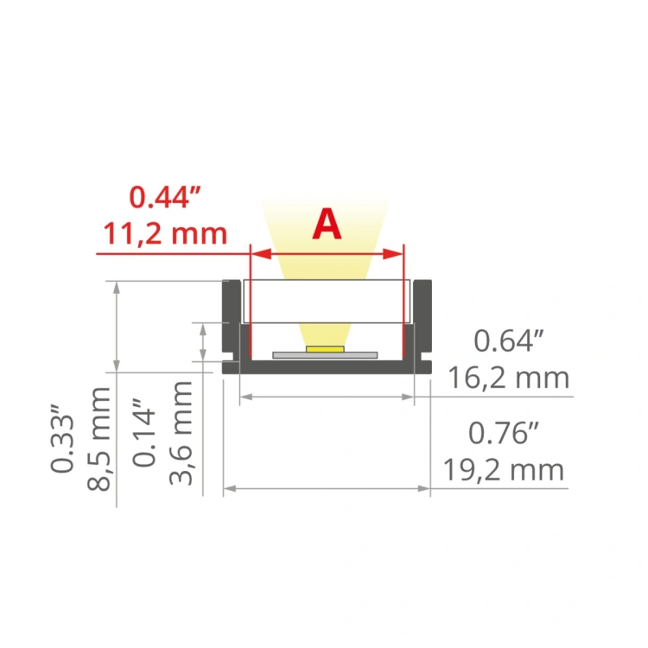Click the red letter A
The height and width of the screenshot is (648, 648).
pyautogui.click(x=327, y=225)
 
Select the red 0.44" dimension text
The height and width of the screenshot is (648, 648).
pyautogui.click(x=165, y=198)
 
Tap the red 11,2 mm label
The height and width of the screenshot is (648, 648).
pyautogui.click(x=165, y=233)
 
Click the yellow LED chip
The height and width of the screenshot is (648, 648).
pyautogui.click(x=325, y=349)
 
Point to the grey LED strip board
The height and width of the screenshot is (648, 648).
pyautogui.click(x=325, y=354)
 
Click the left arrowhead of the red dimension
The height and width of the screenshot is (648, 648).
pyautogui.click(x=256, y=254)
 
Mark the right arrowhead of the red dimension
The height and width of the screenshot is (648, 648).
pyautogui.click(x=397, y=254)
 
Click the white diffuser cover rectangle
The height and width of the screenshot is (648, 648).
pyautogui.click(x=325, y=301)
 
